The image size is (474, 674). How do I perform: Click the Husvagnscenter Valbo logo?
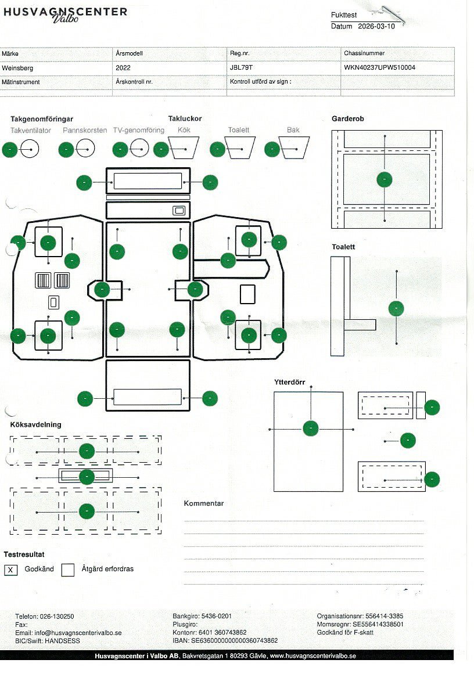pyautogui.click(x=65, y=14)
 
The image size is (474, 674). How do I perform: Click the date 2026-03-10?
pyautogui.click(x=376, y=26)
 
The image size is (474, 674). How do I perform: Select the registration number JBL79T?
pyautogui.click(x=241, y=68)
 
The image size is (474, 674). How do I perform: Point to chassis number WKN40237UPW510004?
pyautogui.click(x=379, y=68)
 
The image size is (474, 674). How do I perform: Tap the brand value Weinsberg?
pyautogui.click(x=17, y=68)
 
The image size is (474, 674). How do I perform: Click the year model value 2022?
pyautogui.click(x=123, y=68)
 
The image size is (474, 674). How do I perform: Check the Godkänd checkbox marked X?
pyautogui.click(x=10, y=570)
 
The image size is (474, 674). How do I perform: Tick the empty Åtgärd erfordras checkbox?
pyautogui.click(x=68, y=570)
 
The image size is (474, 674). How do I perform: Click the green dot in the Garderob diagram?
pyautogui.click(x=384, y=179)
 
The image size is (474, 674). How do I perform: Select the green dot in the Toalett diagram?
pyautogui.click(x=396, y=308)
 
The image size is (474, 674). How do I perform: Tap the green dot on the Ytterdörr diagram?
pyautogui.click(x=311, y=428)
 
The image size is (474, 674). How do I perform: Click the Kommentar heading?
pyautogui.click(x=204, y=503)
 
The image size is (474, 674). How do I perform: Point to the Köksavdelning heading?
pyautogui.click(x=35, y=424)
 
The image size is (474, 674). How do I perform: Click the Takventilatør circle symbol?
pyautogui.click(x=29, y=149)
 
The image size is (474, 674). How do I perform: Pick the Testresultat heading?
pyautogui.click(x=24, y=554)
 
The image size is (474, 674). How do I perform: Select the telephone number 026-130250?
pyautogui.click(x=56, y=617)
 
